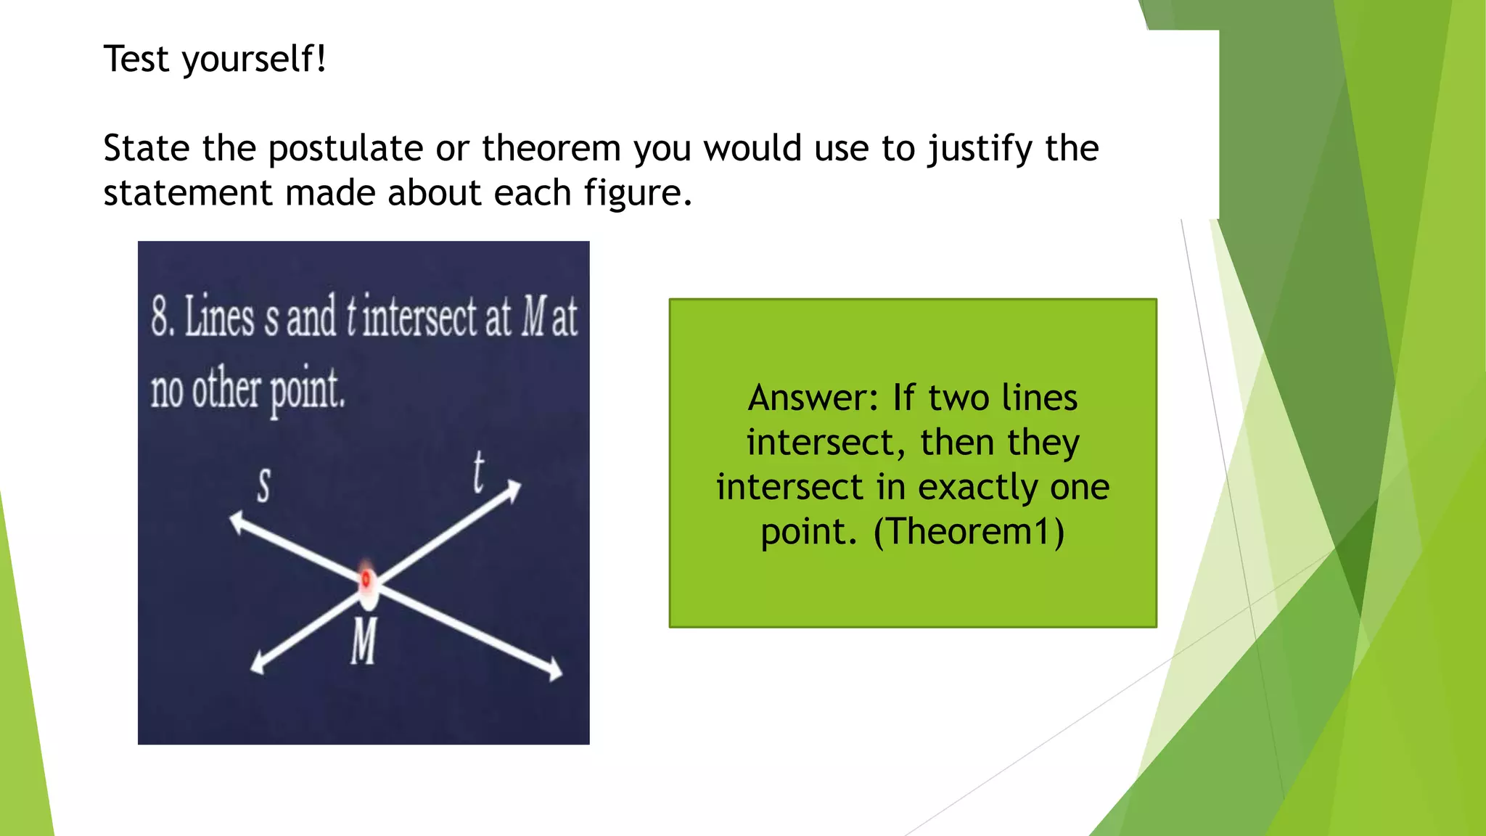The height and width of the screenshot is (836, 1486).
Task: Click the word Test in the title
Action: point(136,59)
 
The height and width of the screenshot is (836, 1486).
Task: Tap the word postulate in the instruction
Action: point(345,149)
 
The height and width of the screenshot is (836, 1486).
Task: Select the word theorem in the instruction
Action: point(551,149)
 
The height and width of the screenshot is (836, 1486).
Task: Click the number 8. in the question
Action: point(163,316)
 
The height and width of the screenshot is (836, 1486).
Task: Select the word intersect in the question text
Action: point(419,318)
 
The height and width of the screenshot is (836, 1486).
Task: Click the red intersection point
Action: point(366,579)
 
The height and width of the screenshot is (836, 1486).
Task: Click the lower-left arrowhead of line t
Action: point(258,665)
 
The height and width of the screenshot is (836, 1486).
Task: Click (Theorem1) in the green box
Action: point(969,531)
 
